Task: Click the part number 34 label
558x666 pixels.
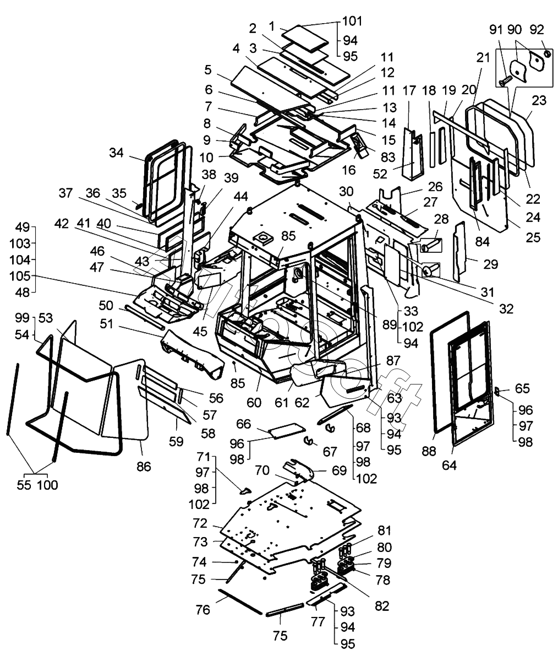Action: click(116, 153)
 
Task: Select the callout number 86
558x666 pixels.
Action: click(144, 468)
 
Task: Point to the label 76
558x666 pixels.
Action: click(203, 610)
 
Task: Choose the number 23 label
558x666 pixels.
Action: click(540, 101)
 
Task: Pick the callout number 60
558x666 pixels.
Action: click(254, 403)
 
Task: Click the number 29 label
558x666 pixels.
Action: click(490, 264)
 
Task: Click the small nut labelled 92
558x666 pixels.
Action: click(548, 53)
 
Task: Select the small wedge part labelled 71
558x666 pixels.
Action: click(245, 490)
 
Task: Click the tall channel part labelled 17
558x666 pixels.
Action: click(413, 154)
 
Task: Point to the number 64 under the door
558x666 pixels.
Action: click(449, 465)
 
